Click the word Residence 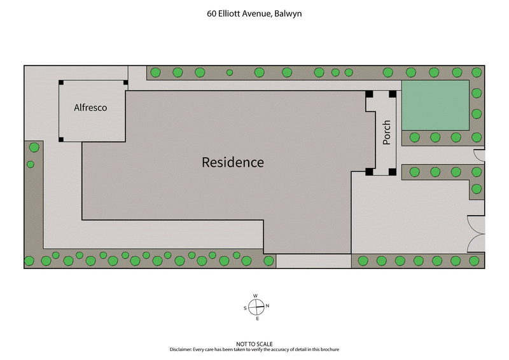click(x=232, y=162)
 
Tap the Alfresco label click(x=90, y=107)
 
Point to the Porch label click(x=386, y=133)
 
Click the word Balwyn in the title click(x=288, y=13)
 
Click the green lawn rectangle click(x=435, y=105)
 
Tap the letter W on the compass click(x=255, y=296)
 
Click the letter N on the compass click(x=267, y=307)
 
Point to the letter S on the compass click(x=244, y=308)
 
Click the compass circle click(x=255, y=307)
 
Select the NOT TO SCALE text click(x=254, y=344)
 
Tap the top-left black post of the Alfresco click(x=61, y=83)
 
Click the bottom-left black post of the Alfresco click(x=61, y=139)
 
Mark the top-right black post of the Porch click(x=393, y=94)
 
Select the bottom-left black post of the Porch click(x=369, y=172)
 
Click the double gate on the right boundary click(x=476, y=234)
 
